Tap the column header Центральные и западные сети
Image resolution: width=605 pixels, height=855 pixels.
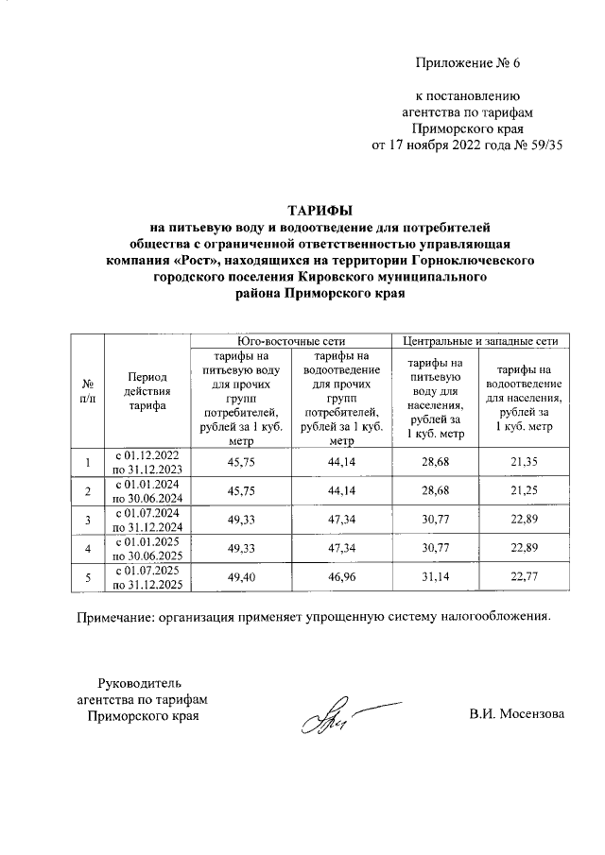[x=480, y=340]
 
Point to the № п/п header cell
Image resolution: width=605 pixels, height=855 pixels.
[x=87, y=394]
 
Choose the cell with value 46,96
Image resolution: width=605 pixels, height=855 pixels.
[x=340, y=578]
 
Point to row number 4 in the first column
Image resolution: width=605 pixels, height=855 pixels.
[x=87, y=549]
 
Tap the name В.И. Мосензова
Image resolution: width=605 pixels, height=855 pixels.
[x=516, y=713]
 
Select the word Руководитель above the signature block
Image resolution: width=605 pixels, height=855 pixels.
[x=140, y=682]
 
